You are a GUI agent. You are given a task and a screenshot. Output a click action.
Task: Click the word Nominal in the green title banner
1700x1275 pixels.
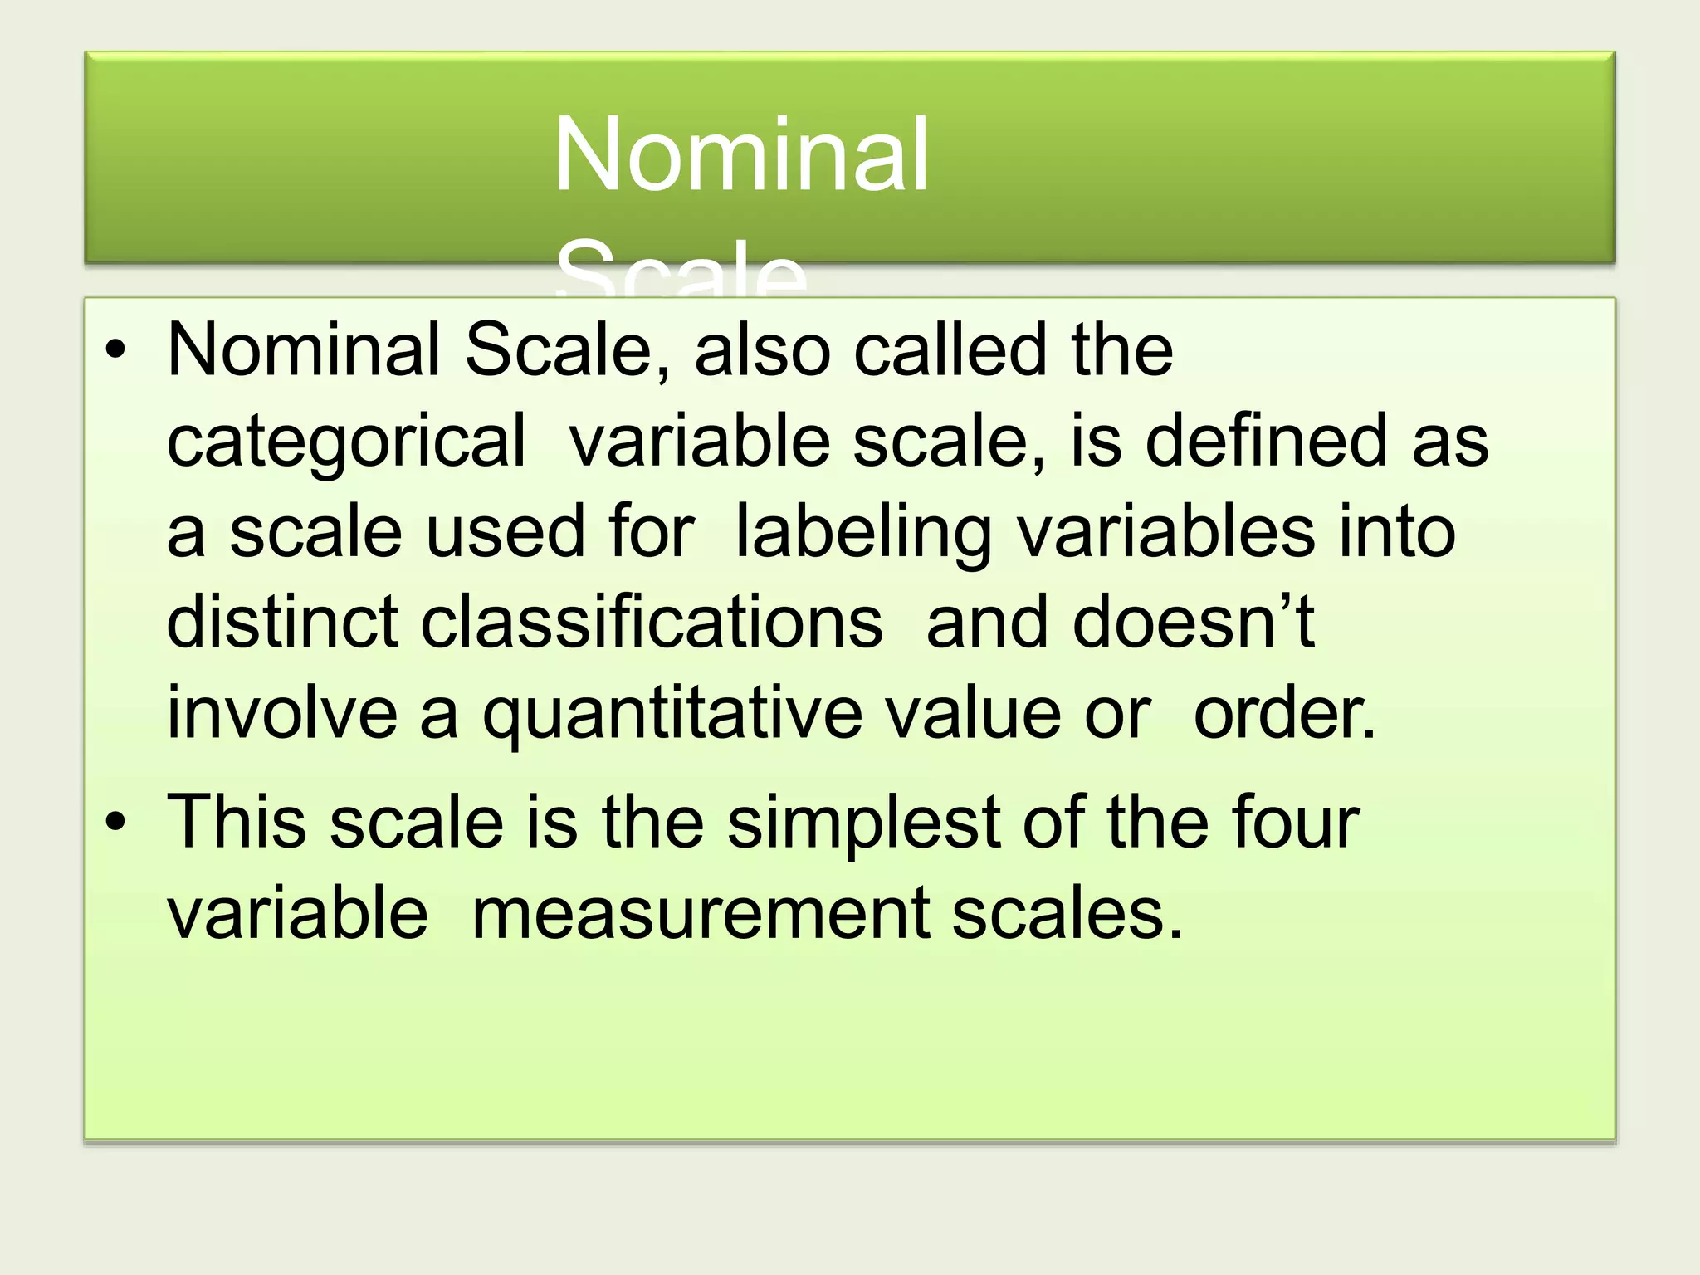(x=740, y=154)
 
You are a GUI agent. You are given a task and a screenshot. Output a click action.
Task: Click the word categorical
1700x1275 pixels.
(x=346, y=442)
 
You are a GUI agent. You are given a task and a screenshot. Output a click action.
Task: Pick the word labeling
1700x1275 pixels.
(x=863, y=532)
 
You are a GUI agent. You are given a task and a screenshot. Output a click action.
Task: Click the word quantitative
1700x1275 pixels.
(x=672, y=715)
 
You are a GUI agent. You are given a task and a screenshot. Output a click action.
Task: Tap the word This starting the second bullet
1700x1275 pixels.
(x=237, y=822)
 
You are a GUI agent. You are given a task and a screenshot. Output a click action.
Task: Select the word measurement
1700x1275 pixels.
(x=700, y=914)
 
